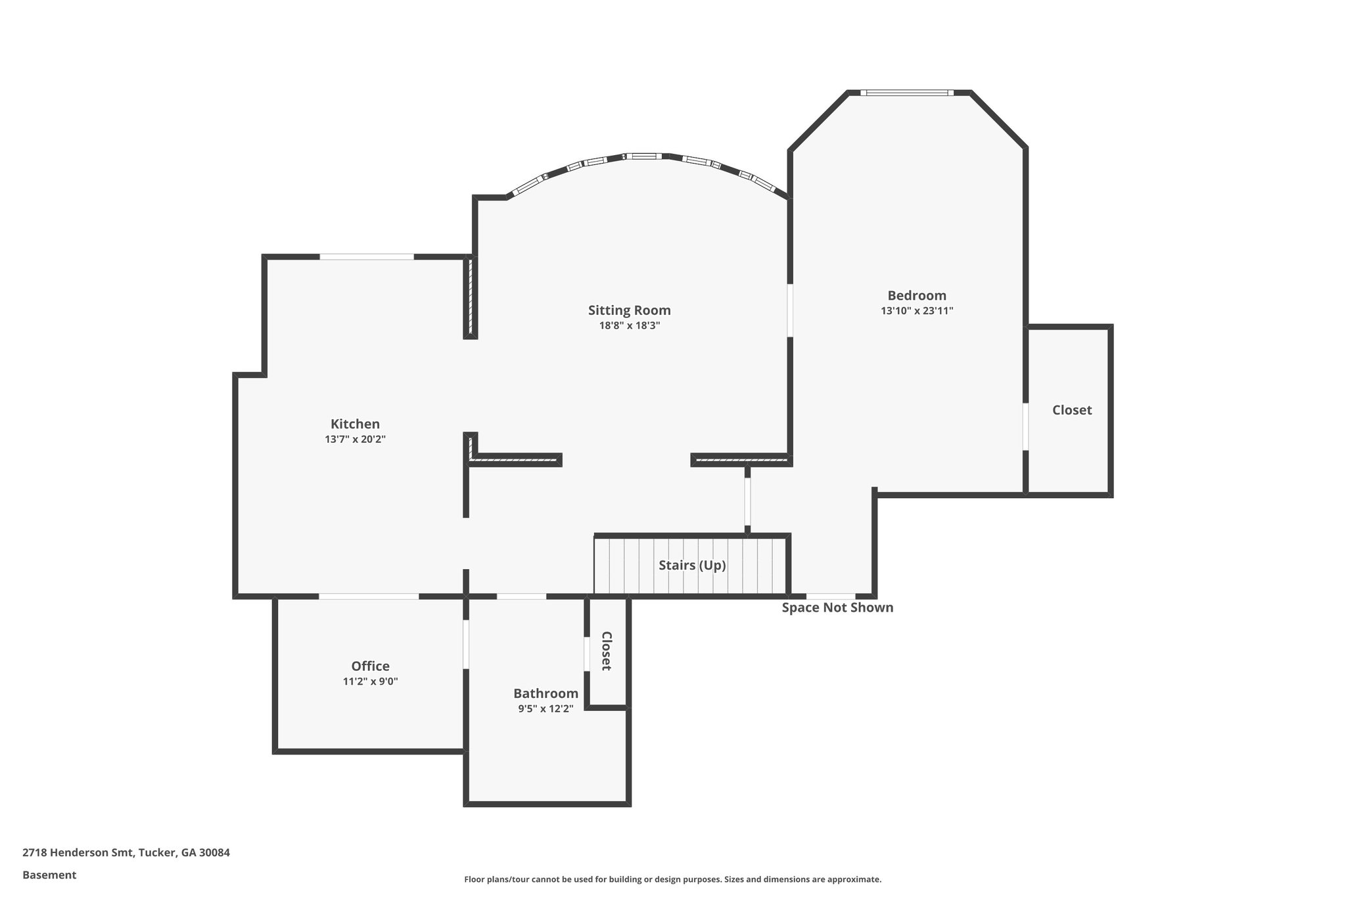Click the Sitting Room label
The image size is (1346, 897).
[629, 310]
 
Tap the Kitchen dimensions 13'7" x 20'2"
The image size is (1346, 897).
[355, 440]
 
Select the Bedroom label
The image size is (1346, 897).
[917, 296]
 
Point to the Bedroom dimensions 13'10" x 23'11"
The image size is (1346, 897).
[917, 311]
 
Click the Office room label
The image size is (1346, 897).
[370, 666]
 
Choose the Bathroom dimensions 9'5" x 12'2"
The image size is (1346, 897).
[545, 709]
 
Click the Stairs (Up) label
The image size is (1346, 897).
[692, 565]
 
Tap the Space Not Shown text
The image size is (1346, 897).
[837, 608]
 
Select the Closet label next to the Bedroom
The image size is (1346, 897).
[1072, 410]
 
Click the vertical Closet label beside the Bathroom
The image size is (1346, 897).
[607, 651]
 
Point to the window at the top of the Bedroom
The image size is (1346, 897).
[907, 93]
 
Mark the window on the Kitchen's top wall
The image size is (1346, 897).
[367, 256]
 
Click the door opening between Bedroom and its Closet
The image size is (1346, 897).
[1025, 426]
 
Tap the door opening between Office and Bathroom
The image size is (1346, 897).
[466, 644]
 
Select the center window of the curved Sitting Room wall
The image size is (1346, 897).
[643, 156]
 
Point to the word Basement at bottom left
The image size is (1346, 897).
[49, 875]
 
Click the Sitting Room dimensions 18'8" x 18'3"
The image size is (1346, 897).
[629, 325]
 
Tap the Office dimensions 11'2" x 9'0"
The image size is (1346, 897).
[370, 682]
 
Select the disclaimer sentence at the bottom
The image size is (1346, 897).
[672, 879]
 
